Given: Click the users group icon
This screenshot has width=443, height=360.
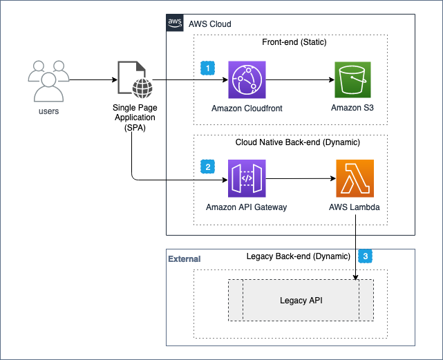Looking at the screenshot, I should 48,81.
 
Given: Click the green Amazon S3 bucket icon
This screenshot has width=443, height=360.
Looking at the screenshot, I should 354,80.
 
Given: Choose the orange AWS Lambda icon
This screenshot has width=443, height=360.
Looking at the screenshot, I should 354,179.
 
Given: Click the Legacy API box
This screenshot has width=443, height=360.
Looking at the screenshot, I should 301,301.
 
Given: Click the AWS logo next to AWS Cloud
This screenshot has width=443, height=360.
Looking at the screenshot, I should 175,23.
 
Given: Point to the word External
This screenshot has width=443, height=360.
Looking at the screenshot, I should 185,259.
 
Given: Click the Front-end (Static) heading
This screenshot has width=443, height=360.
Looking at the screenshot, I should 294,43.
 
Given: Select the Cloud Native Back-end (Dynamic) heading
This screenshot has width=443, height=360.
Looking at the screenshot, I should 294,142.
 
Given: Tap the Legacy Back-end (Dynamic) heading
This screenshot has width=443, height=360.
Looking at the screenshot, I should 299,256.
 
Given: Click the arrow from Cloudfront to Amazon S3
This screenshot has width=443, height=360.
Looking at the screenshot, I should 301,80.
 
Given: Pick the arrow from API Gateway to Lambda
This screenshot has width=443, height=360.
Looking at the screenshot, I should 301,179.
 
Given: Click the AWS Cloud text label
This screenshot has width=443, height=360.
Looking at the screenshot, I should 209,24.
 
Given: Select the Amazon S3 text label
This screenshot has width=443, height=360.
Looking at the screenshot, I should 354,108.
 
